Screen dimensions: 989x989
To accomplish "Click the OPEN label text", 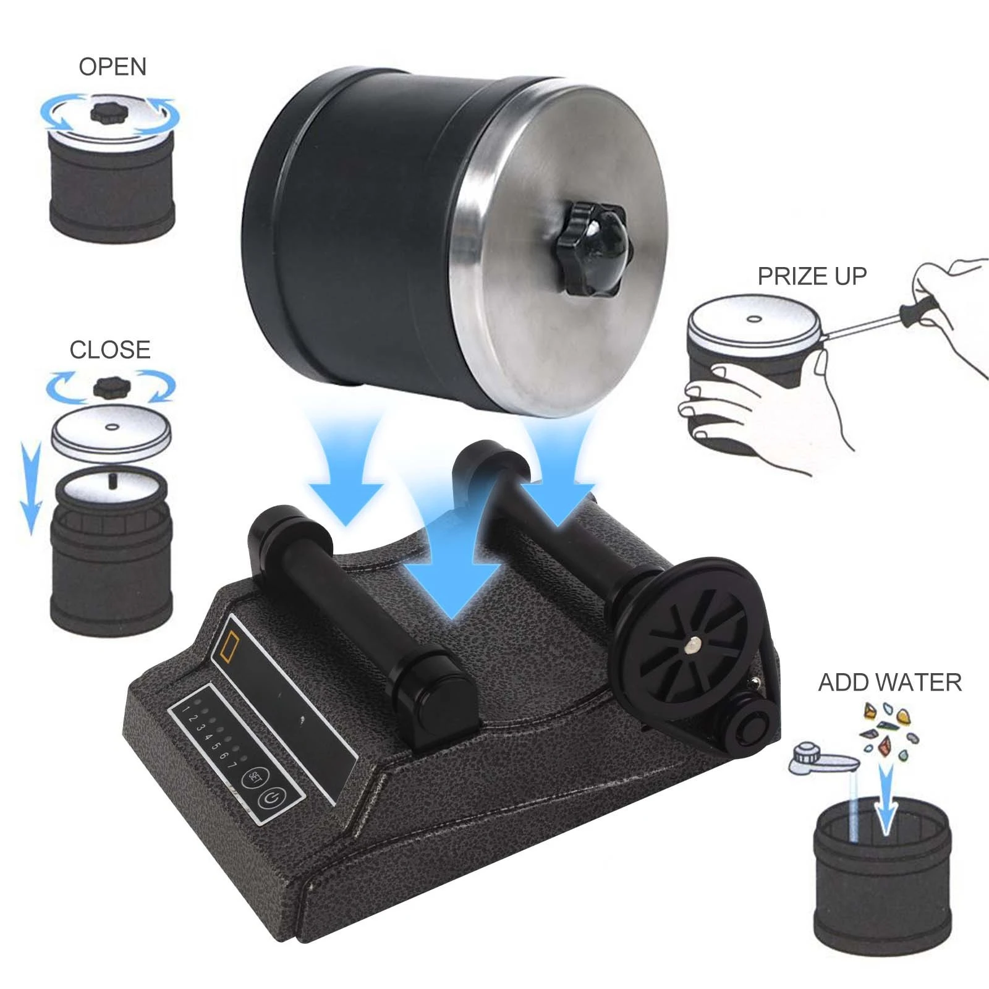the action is (x=112, y=67).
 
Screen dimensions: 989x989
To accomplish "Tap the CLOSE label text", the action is (x=110, y=350).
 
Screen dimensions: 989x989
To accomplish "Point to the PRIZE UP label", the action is (x=812, y=276).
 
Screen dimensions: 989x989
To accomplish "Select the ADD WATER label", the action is (x=890, y=682).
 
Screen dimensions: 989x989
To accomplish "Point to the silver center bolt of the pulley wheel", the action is (x=692, y=647).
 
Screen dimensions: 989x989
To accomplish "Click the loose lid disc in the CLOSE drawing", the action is (x=111, y=431).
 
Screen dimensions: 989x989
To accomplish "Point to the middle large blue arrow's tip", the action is (x=452, y=619).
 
